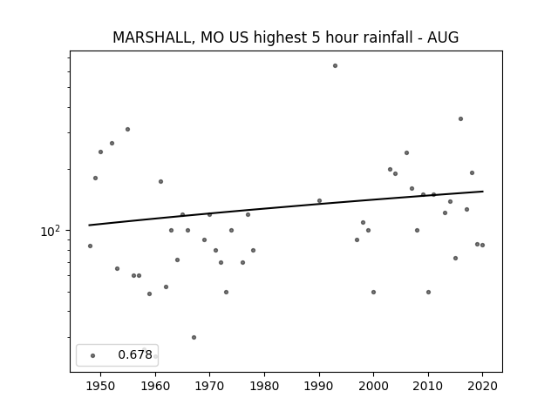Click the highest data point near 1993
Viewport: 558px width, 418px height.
[x=335, y=66]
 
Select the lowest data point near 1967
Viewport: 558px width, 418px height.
[x=194, y=337]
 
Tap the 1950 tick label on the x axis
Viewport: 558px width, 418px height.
[x=101, y=386]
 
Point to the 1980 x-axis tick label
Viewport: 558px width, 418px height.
[x=264, y=386]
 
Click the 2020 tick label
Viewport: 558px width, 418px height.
[x=482, y=386]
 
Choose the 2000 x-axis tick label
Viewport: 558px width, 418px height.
[x=373, y=386]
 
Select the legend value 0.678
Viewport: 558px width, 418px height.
[x=135, y=354]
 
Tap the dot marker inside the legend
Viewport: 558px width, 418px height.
[x=93, y=356]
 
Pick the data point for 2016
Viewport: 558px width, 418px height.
[x=461, y=119]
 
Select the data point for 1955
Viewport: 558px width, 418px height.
[x=128, y=130]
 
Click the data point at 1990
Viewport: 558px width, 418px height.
[x=320, y=201]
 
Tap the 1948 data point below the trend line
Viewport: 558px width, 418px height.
[x=90, y=246]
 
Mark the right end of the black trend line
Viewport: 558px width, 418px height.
[x=483, y=192]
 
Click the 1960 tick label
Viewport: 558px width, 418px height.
[x=155, y=386]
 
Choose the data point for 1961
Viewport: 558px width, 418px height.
[x=160, y=182]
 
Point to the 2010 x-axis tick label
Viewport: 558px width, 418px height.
[x=428, y=386]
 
